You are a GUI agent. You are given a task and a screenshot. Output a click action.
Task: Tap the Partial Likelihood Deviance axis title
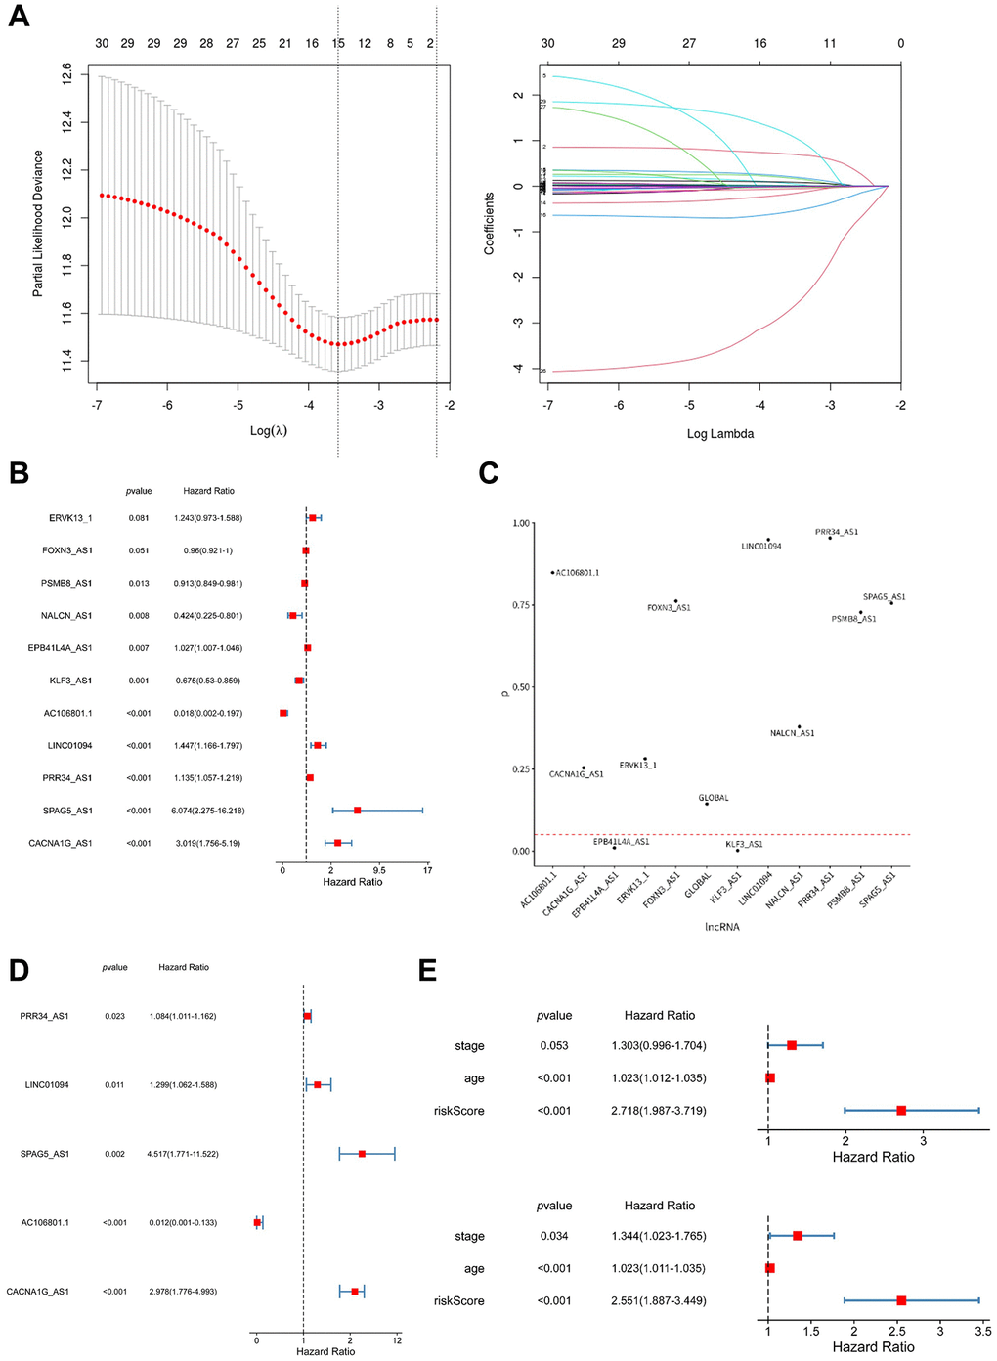(x=38, y=223)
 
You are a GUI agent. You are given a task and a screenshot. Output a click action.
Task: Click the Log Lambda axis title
(x=719, y=434)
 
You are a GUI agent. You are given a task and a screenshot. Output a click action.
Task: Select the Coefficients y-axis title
(x=489, y=223)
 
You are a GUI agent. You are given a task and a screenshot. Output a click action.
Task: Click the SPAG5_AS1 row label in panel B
(x=70, y=811)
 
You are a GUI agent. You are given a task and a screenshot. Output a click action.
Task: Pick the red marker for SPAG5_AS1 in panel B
(x=358, y=811)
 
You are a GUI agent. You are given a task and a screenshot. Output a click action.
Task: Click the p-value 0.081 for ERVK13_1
(x=139, y=518)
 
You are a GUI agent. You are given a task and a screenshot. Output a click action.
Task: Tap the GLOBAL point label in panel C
(x=715, y=798)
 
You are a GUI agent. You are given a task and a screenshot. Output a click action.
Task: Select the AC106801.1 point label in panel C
(x=578, y=573)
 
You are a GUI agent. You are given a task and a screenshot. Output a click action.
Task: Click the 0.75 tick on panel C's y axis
(x=520, y=605)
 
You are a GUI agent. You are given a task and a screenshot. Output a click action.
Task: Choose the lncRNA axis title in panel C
(x=722, y=927)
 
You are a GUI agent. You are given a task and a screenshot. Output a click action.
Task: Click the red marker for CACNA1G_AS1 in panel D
(x=355, y=1292)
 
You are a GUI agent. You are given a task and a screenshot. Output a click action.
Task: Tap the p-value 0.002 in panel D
(x=114, y=1154)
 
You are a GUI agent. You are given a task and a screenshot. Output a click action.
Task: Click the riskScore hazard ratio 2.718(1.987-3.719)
(x=659, y=1111)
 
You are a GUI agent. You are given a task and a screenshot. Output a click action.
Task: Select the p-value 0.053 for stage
(x=554, y=1046)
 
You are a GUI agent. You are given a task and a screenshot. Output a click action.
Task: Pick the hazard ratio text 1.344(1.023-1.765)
(x=659, y=1236)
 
